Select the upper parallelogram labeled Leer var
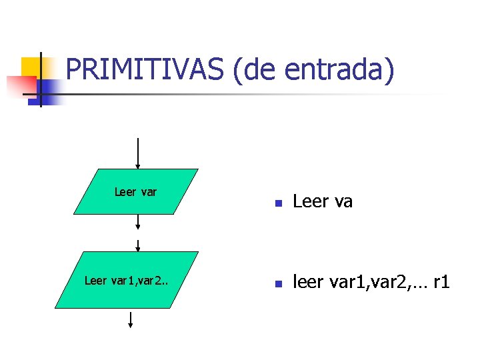(136, 191)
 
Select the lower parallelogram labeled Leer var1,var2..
(127, 280)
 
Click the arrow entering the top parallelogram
(137, 153)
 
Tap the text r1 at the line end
(441, 282)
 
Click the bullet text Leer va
(323, 201)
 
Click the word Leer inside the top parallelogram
(125, 192)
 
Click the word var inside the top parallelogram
(149, 192)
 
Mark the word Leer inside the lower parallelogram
(95, 281)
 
